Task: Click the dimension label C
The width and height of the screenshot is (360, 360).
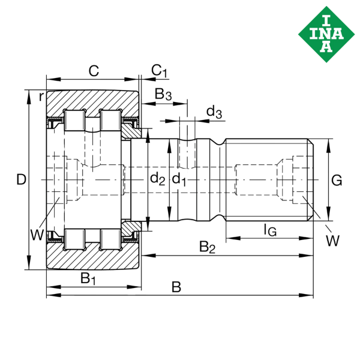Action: click(94, 71)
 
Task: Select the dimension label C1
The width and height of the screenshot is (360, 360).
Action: click(159, 71)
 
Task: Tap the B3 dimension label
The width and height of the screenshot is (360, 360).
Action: click(163, 94)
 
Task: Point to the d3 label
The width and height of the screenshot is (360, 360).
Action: click(214, 112)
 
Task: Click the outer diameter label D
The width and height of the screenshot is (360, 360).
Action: click(22, 179)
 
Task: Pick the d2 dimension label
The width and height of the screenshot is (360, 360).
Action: click(157, 178)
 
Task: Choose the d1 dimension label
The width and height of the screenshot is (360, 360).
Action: click(179, 178)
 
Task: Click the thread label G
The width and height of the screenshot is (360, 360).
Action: click(337, 179)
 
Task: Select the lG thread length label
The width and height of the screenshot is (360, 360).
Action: click(270, 228)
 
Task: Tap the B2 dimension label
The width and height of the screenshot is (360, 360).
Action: click(207, 246)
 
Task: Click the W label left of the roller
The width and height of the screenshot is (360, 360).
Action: click(37, 233)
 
